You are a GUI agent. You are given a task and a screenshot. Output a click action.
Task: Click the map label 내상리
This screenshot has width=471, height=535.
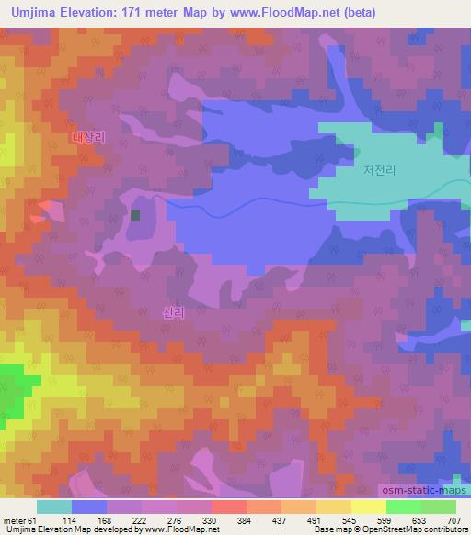pyautogui.click(x=88, y=138)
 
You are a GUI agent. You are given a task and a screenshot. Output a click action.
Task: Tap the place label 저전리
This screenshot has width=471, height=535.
pyautogui.click(x=379, y=169)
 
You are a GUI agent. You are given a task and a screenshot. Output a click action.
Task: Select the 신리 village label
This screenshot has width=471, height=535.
pyautogui.click(x=173, y=313)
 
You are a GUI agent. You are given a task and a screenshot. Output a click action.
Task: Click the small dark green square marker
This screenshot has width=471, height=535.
pyautogui.click(x=135, y=215)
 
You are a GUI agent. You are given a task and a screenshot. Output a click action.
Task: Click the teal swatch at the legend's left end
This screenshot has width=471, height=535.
pyautogui.click(x=54, y=507)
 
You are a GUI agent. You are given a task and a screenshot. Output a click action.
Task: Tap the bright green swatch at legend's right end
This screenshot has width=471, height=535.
pyautogui.click(x=438, y=507)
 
